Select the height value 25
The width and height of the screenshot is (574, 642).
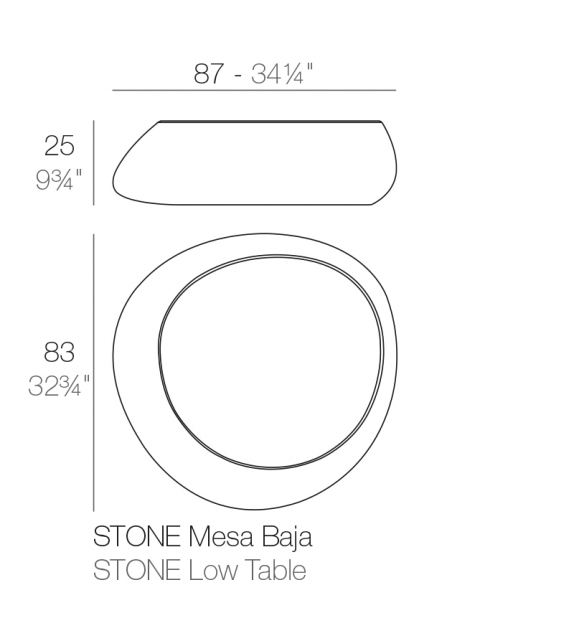pos(60,147)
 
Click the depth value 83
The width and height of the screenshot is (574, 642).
pos(60,352)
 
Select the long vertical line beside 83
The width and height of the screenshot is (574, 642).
pos(94,371)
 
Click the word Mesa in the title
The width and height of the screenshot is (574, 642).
pos(214,537)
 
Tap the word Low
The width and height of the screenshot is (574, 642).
pos(209,571)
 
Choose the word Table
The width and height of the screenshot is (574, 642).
pos(272,571)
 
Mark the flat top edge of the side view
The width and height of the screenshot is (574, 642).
pos(270,122)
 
